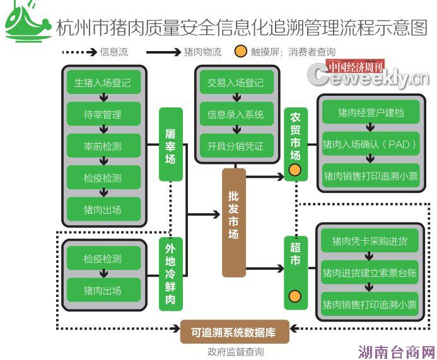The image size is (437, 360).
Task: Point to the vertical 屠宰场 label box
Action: (x=170, y=144)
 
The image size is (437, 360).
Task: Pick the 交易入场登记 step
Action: (x=235, y=83)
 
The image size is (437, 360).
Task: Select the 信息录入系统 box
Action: (x=235, y=115)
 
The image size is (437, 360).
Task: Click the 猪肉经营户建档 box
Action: (x=370, y=113)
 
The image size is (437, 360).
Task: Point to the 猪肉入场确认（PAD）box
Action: (x=370, y=144)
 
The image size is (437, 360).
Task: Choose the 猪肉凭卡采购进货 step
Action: (x=370, y=241)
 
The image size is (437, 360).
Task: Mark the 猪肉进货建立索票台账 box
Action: (x=370, y=272)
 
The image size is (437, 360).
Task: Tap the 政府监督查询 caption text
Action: (x=235, y=352)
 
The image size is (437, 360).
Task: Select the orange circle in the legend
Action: (x=240, y=52)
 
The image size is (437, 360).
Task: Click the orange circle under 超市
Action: (x=294, y=296)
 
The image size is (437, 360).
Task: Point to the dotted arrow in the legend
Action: (x=78, y=52)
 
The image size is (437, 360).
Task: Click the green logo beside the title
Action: (x=28, y=22)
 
